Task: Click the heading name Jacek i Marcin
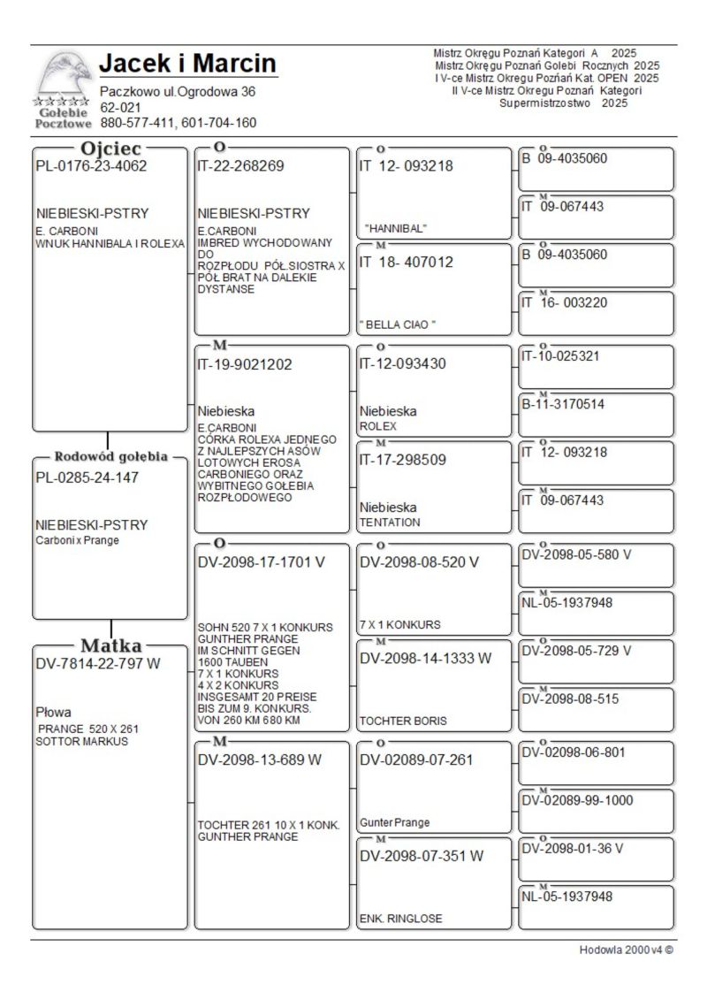187,64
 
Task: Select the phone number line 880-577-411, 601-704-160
178,123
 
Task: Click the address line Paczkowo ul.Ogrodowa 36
178,91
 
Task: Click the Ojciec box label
110,149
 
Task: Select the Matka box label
110,645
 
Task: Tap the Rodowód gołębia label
110,457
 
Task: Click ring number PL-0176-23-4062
91,165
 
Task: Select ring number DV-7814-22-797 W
97,663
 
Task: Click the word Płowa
53,712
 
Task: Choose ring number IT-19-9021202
244,363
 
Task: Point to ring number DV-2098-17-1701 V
261,562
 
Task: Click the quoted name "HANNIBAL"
395,228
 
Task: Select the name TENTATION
390,523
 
